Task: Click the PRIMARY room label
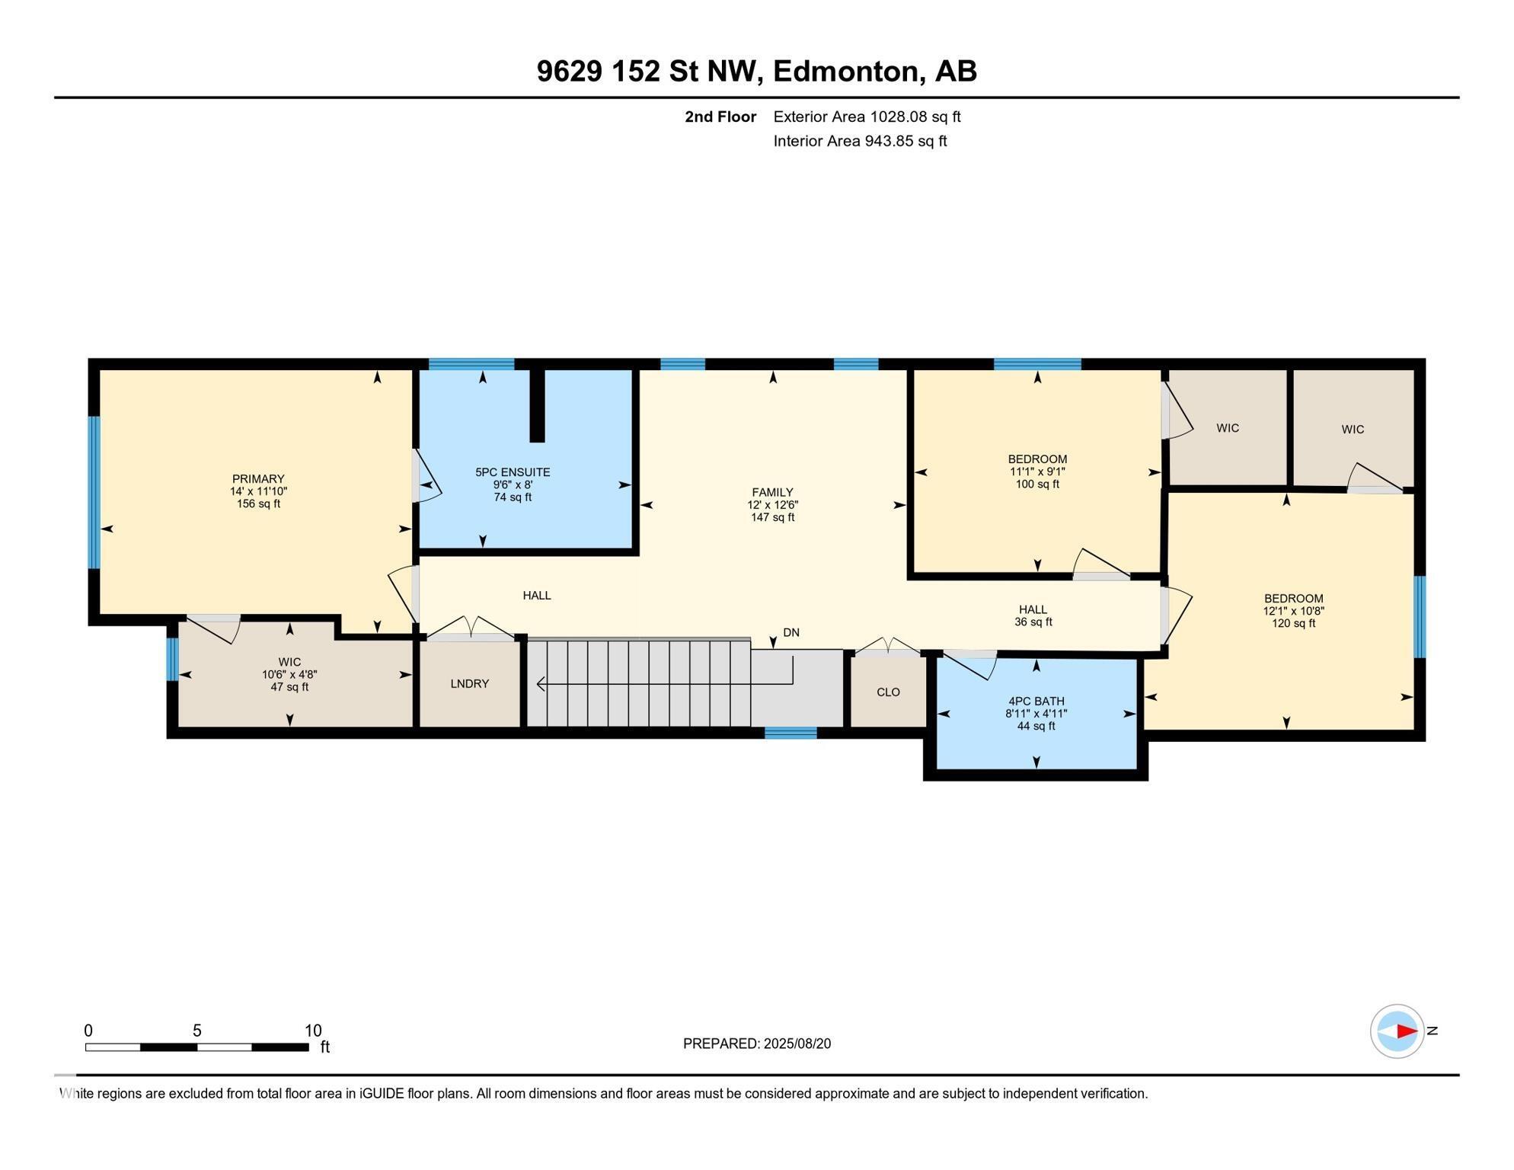pyautogui.click(x=258, y=479)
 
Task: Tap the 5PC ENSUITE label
pyautogui.click(x=513, y=472)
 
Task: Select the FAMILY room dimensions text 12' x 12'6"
pyautogui.click(x=772, y=505)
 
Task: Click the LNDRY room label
pyautogui.click(x=469, y=684)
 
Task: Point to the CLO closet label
pyautogui.click(x=888, y=692)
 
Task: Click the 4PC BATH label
pyautogui.click(x=1036, y=702)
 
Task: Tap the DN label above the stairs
pyautogui.click(x=791, y=633)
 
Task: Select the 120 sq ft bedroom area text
pyautogui.click(x=1293, y=624)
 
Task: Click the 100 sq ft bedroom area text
pyautogui.click(x=1037, y=484)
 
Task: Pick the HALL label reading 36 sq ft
pyautogui.click(x=1033, y=615)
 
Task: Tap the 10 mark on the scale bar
pyautogui.click(x=313, y=1031)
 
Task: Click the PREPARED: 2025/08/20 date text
pyautogui.click(x=756, y=1044)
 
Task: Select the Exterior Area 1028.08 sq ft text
pyautogui.click(x=867, y=117)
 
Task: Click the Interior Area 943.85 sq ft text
pyautogui.click(x=860, y=141)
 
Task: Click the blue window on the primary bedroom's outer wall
pyautogui.click(x=94, y=492)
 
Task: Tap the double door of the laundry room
pyautogui.click(x=471, y=628)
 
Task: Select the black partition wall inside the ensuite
pyautogui.click(x=537, y=405)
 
